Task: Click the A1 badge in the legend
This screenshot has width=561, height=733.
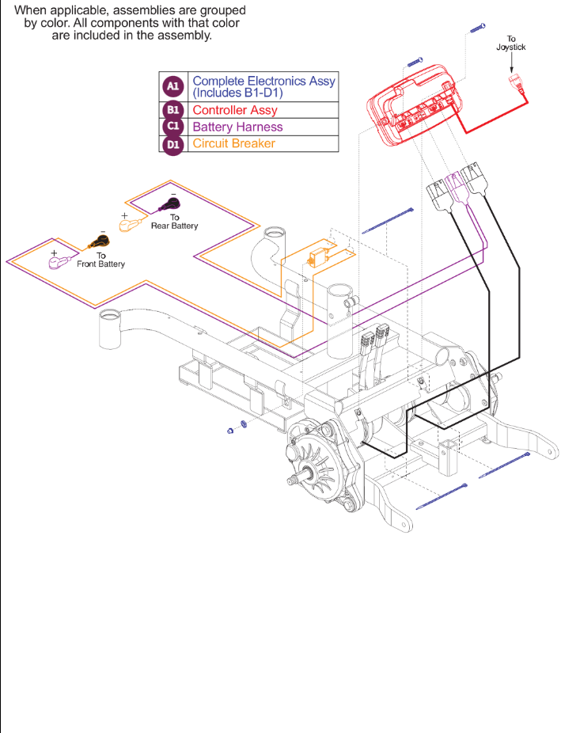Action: tap(172, 85)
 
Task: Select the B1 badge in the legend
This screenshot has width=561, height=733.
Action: tap(172, 110)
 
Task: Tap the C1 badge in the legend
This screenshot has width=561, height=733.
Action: tap(172, 127)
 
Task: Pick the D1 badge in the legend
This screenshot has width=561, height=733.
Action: tap(172, 144)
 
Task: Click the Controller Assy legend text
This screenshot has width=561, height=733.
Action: tap(234, 110)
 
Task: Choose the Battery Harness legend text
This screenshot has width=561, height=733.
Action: tap(237, 127)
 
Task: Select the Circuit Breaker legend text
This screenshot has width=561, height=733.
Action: tap(233, 144)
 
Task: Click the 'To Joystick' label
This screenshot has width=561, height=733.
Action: tap(510, 44)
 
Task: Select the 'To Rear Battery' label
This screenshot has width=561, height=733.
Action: tap(174, 222)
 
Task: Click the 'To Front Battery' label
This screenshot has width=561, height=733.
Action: tap(100, 260)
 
